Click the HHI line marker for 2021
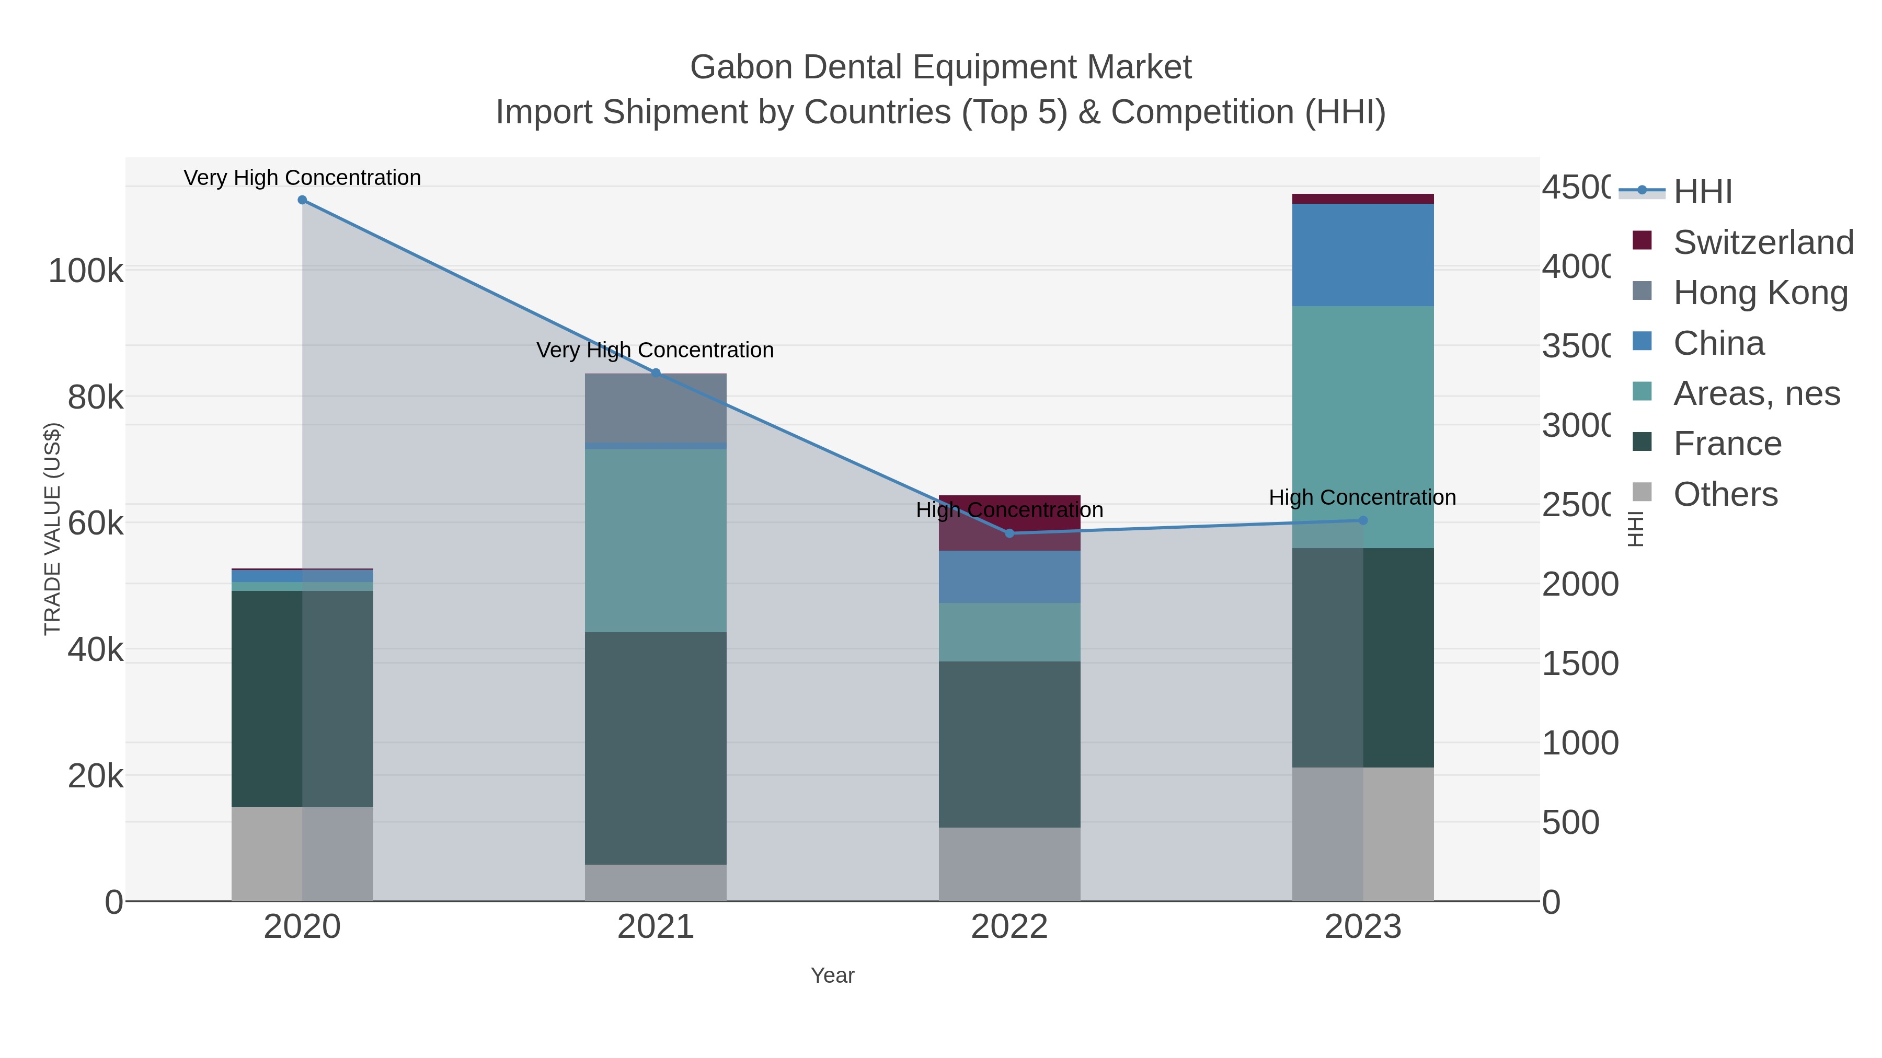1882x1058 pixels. [656, 373]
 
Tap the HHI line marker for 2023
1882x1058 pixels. [1362, 520]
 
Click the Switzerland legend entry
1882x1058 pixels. [1762, 242]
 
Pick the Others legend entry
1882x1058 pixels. [1725, 494]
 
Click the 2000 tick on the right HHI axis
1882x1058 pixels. [1579, 585]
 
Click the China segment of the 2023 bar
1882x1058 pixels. [1362, 255]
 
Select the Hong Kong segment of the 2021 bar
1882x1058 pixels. [656, 408]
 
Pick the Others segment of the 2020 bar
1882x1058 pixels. [302, 854]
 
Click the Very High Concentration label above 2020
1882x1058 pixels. [302, 178]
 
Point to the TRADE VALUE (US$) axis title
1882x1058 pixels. [53, 529]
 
